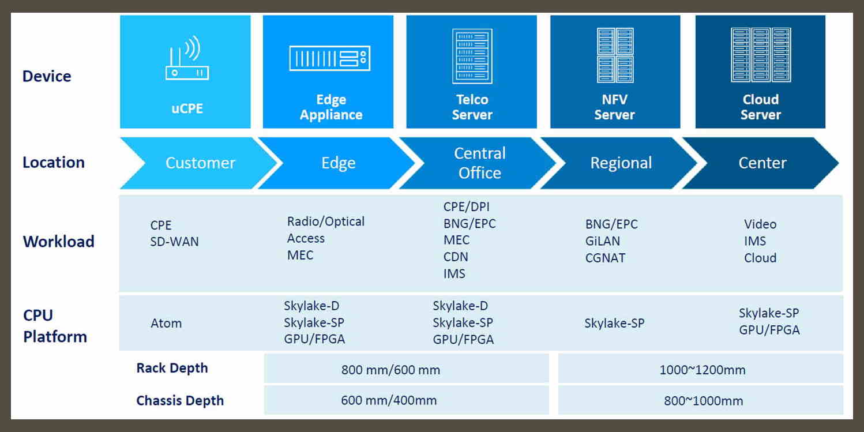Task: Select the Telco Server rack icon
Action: coord(472,56)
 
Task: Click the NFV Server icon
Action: coord(615,55)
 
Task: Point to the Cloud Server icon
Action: coord(760,55)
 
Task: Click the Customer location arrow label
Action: coord(200,163)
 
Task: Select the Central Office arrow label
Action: coord(479,163)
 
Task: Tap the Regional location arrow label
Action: coord(621,163)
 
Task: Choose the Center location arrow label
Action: coord(762,163)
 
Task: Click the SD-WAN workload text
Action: coord(174,242)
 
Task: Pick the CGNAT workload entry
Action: coord(605,258)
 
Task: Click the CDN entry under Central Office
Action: coord(456,257)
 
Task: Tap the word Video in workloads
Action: coord(760,224)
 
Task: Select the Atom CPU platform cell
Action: coord(166,324)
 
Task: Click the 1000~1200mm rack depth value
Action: coord(702,370)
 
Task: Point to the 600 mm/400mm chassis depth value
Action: coord(389,400)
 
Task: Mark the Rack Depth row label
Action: coord(172,369)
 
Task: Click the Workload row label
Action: coord(58,242)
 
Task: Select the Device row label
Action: coord(47,76)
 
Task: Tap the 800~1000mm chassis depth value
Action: coord(703,401)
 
